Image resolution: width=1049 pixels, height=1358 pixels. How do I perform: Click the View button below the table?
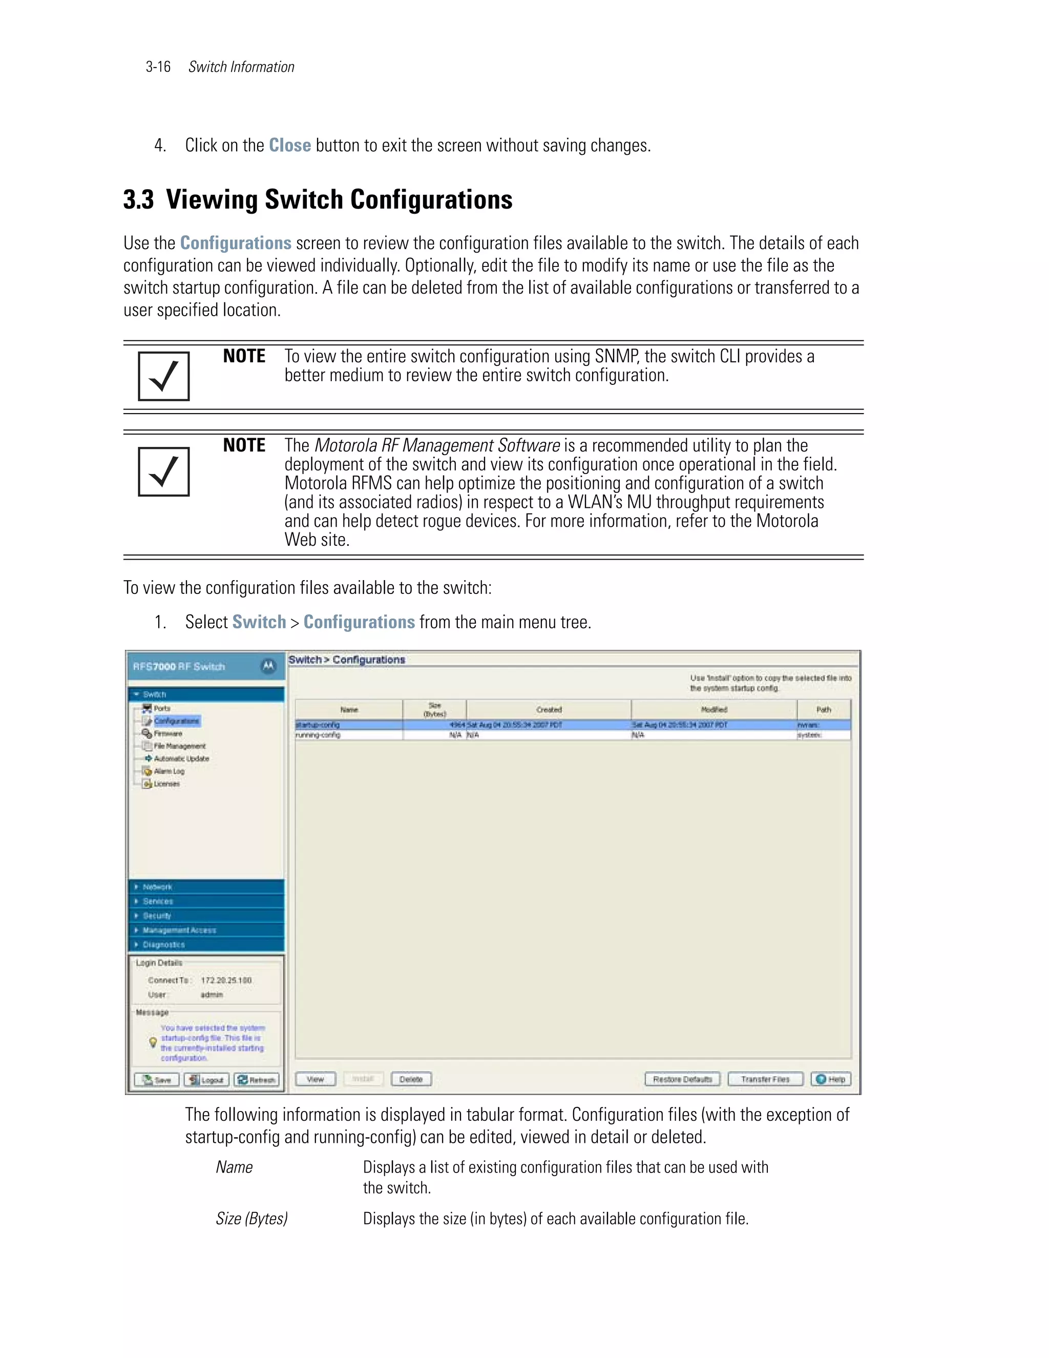coord(315,1079)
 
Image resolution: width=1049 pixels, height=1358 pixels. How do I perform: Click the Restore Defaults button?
coord(682,1079)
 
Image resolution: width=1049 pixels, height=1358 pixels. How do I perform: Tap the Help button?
coord(831,1079)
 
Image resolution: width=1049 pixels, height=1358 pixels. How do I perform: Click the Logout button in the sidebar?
coord(206,1079)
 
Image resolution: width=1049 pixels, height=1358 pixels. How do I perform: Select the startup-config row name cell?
coord(318,725)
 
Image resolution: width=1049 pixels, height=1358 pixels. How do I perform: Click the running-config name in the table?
coord(318,735)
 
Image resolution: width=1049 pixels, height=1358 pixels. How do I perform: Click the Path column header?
coord(824,709)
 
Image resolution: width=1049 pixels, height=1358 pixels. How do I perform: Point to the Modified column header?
coord(714,709)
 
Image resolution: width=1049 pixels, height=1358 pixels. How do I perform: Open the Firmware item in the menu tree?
coord(168,734)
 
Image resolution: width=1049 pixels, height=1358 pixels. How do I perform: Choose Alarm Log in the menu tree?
coord(169,771)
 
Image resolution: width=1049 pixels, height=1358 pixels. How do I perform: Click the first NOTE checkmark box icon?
coord(163,376)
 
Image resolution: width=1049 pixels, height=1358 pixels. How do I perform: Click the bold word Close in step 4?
coord(289,145)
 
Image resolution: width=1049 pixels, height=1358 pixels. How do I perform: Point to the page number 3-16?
coord(158,67)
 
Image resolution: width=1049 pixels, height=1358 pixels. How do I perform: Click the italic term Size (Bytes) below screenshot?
coord(251,1218)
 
